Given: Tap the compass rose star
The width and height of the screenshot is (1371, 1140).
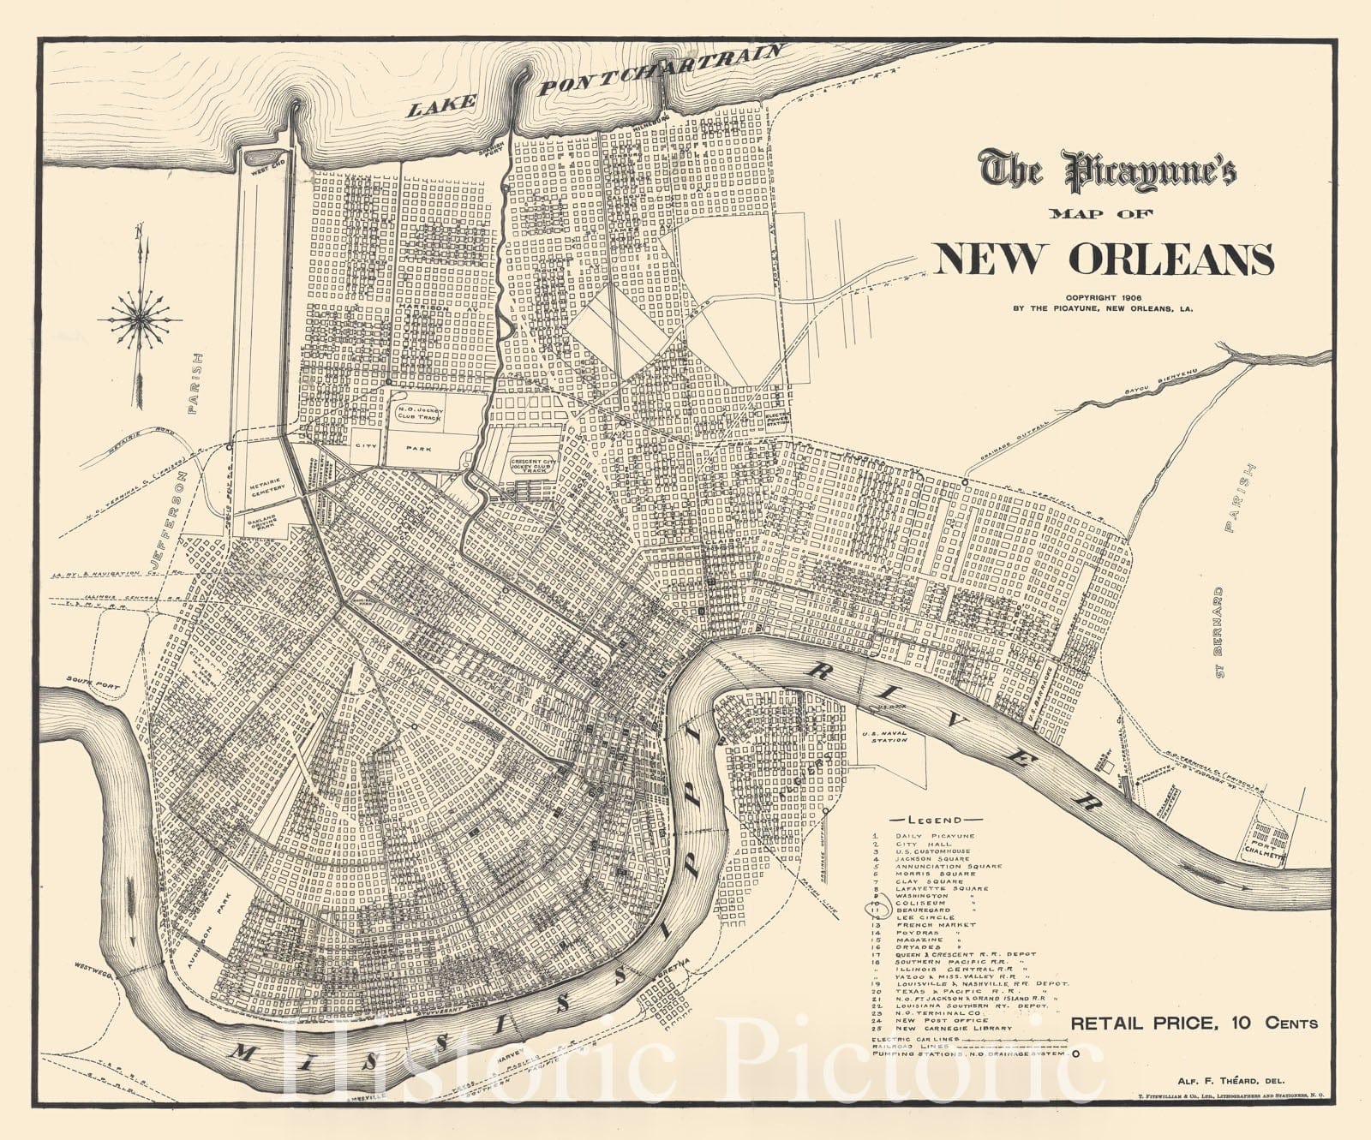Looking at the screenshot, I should click(140, 319).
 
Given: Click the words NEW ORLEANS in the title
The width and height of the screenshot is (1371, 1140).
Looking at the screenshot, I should click(1104, 259).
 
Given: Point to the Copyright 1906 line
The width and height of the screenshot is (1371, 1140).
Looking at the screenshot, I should click(1104, 297).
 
